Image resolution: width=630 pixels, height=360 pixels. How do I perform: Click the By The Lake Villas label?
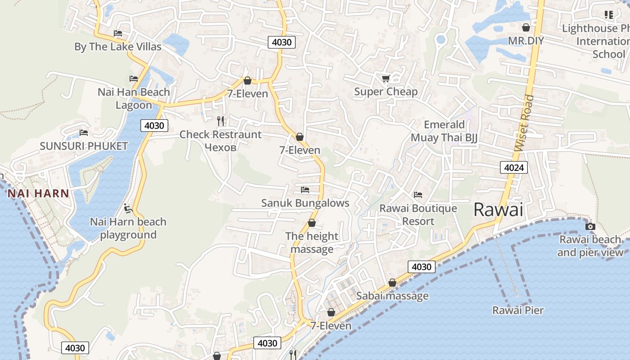coord(117,47)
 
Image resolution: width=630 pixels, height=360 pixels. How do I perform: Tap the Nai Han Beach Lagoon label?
coord(134,99)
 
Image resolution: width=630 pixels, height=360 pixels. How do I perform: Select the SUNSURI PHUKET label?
coord(84,146)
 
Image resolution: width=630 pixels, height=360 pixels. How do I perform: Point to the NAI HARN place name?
coord(38,194)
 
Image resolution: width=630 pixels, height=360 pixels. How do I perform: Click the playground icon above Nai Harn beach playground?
coord(128,208)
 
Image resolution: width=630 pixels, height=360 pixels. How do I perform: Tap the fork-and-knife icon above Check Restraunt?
coord(220,121)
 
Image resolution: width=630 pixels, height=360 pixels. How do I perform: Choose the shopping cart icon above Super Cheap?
coord(386,79)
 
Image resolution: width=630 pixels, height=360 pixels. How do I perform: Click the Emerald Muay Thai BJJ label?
coord(444,131)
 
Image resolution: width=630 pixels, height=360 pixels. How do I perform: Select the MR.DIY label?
coord(526,41)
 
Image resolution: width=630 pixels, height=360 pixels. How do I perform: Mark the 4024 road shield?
coord(513,168)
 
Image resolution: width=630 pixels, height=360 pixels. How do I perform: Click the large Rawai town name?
coord(499,210)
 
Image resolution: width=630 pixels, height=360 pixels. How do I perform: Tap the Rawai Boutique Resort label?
coord(418,215)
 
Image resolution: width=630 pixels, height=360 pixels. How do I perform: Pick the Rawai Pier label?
coord(518,310)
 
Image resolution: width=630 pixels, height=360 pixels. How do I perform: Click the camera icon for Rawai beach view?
coord(590,226)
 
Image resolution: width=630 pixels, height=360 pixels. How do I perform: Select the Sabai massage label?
coord(392,296)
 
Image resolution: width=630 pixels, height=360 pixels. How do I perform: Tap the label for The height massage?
coord(312,243)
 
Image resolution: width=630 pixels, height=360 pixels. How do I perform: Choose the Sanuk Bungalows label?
coord(305,203)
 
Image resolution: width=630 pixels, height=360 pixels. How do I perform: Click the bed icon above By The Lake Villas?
coord(118,33)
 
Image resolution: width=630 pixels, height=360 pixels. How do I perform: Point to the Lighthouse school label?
coord(596,41)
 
